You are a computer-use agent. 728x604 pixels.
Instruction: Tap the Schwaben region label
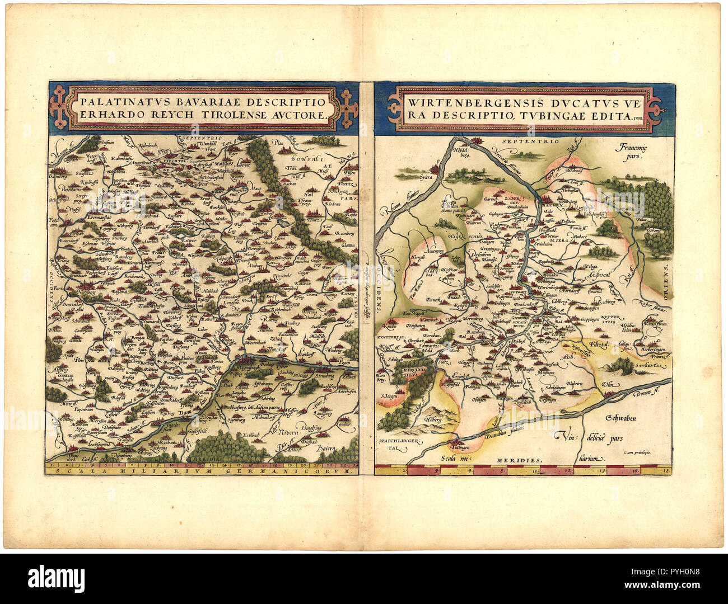[623, 418]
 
